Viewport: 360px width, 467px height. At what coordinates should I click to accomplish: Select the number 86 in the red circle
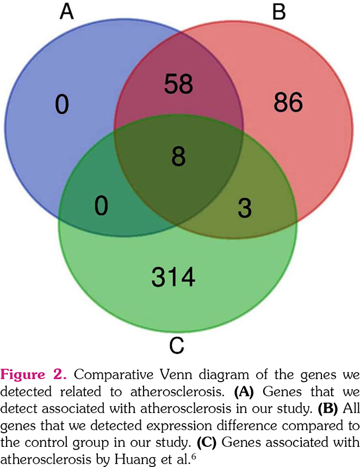(287, 103)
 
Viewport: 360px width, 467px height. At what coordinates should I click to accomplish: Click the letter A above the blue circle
(66, 11)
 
